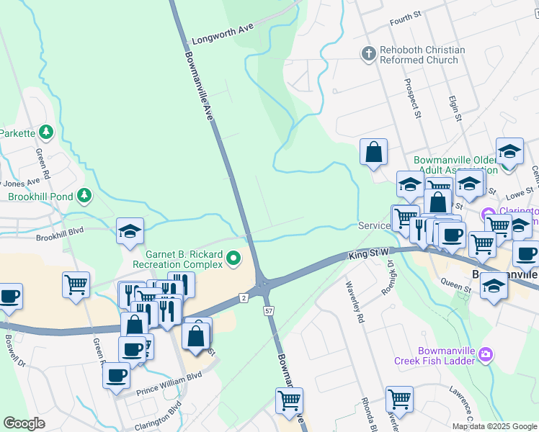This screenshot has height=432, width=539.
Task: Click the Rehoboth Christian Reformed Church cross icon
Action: pyautogui.click(x=368, y=54)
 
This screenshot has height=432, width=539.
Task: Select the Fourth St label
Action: pyautogui.click(x=405, y=16)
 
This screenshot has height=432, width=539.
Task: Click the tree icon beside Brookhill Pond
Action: pyautogui.click(x=85, y=196)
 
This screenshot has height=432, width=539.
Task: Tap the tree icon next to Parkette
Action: pyautogui.click(x=46, y=132)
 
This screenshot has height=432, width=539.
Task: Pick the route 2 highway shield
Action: pyautogui.click(x=244, y=298)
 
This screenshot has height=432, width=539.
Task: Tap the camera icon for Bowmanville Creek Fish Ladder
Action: pyautogui.click(x=486, y=354)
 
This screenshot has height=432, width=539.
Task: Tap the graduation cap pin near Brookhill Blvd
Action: pyautogui.click(x=130, y=232)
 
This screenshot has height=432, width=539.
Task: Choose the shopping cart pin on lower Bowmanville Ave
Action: pyautogui.click(x=289, y=400)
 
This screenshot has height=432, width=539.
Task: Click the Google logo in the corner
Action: pyautogui.click(x=24, y=423)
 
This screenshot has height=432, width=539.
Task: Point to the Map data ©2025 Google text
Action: pyautogui.click(x=494, y=426)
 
